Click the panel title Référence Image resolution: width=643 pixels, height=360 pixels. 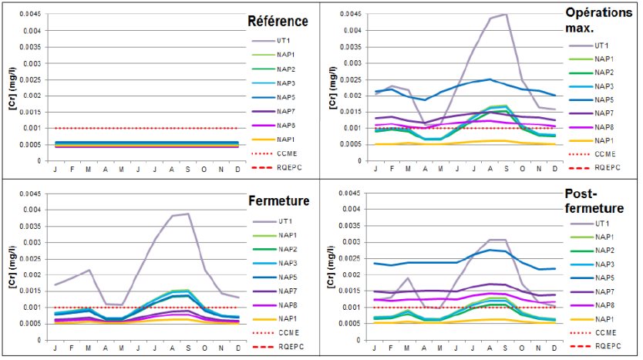click(x=277, y=21)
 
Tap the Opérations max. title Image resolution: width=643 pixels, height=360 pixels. click(x=598, y=21)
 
